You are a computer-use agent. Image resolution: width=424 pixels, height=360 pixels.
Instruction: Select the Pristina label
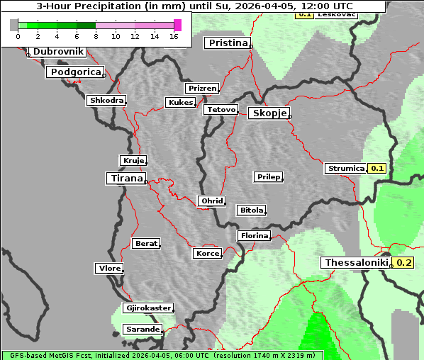click(x=228, y=43)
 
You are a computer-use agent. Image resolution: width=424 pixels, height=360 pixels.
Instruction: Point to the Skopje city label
click(x=269, y=113)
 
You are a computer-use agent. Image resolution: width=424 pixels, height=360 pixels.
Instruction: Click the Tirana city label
click(x=126, y=178)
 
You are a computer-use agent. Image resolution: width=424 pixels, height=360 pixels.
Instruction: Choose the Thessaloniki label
click(x=356, y=263)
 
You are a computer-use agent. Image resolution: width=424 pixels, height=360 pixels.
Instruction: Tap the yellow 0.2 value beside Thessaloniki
click(x=404, y=263)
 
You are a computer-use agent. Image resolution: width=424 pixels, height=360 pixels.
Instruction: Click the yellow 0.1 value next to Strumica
click(x=377, y=168)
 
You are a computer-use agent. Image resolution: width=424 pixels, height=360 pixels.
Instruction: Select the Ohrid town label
click(x=211, y=201)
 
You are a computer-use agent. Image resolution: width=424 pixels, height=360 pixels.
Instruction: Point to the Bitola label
click(x=251, y=210)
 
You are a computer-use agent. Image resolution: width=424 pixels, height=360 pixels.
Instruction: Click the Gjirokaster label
click(x=147, y=308)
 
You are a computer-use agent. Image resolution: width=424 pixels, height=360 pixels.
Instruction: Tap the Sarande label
click(x=142, y=330)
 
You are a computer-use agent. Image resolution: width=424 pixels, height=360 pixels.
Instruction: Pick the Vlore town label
click(x=108, y=268)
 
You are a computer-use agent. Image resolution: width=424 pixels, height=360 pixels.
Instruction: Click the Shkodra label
click(x=106, y=101)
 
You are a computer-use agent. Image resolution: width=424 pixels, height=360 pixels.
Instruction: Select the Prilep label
click(x=268, y=176)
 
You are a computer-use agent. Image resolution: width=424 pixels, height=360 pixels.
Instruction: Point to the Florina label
click(x=253, y=235)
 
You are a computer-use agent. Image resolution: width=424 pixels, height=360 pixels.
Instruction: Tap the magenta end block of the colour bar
click(x=177, y=25)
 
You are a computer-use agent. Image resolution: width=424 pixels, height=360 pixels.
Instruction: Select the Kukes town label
click(x=180, y=103)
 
